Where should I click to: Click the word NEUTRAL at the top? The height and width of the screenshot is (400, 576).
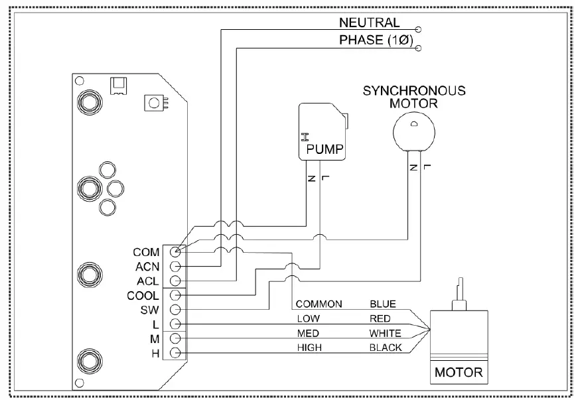coord(370,23)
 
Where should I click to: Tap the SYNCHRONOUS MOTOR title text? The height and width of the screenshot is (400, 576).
coord(413,96)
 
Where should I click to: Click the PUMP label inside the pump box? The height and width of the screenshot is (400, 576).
coord(324,151)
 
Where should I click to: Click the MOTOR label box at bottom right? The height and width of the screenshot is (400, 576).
coord(459,373)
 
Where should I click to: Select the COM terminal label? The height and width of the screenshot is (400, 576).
coord(146,253)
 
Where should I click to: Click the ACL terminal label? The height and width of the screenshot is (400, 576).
coord(147,281)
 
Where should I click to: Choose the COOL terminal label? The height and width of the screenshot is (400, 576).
coord(143,296)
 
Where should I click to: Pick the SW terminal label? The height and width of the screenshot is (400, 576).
coord(149,310)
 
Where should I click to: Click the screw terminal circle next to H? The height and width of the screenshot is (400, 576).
coord(176,353)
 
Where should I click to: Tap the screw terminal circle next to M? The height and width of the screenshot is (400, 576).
coord(176,338)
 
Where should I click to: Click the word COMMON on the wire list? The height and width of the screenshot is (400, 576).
coord(319,304)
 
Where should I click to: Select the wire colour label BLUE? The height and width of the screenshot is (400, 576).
coord(383,304)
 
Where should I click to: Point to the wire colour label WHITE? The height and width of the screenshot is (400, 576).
coord(385,333)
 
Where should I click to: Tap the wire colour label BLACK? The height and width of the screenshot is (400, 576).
coord(386,348)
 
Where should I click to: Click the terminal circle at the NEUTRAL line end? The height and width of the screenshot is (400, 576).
coord(418,29)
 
